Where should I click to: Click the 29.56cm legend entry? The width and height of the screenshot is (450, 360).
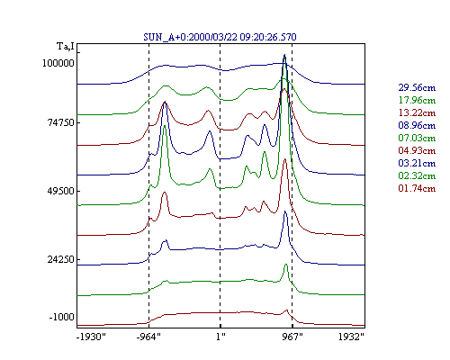[x=417, y=87]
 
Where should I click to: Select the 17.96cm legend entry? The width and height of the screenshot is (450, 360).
[x=417, y=100]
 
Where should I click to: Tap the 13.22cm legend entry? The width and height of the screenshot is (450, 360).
[x=417, y=112]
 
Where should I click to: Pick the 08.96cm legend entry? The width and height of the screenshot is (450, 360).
[x=417, y=125]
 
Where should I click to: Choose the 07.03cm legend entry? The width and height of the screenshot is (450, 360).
[x=417, y=138]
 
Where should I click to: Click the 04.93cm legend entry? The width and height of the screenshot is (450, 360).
[x=417, y=150]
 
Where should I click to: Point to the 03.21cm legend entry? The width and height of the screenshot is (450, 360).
[x=417, y=163]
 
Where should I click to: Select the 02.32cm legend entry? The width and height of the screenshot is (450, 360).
[x=417, y=175]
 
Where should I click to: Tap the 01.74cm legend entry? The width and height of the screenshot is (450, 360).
[x=417, y=188]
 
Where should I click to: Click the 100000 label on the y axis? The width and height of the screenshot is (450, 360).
[x=58, y=63]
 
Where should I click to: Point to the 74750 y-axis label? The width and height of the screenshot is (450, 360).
[x=60, y=122]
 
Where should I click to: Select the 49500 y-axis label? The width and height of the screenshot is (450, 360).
[x=60, y=191]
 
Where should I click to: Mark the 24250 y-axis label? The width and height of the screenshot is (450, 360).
[x=60, y=259]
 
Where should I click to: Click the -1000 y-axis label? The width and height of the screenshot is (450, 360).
[x=61, y=317]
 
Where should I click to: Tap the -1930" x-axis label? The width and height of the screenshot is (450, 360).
[x=92, y=337]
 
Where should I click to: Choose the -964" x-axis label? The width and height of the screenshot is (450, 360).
[x=148, y=337]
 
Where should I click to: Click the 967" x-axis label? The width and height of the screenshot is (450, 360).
[x=292, y=337]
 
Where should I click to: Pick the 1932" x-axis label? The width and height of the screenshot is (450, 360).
[x=351, y=337]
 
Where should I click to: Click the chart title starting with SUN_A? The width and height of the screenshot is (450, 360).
[x=220, y=37]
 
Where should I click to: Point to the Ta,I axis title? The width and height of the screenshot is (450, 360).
[x=66, y=47]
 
